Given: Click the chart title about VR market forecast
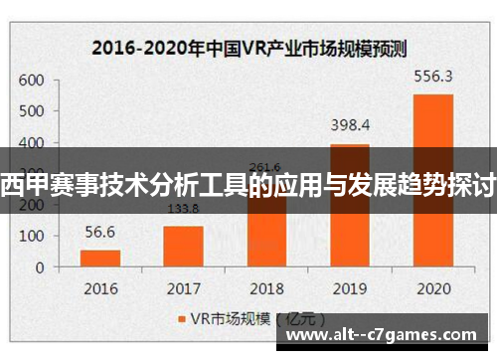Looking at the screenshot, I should pos(248,46).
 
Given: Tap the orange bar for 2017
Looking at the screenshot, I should pos(183,247).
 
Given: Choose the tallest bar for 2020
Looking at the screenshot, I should pos(432,180).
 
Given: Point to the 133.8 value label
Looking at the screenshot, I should pos(183,209).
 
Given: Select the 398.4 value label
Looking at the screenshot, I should pos(350,125).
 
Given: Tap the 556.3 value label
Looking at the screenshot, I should pos(432,76).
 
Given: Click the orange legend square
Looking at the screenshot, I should pos(183,320).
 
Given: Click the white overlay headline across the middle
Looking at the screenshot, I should pos(248,182).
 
